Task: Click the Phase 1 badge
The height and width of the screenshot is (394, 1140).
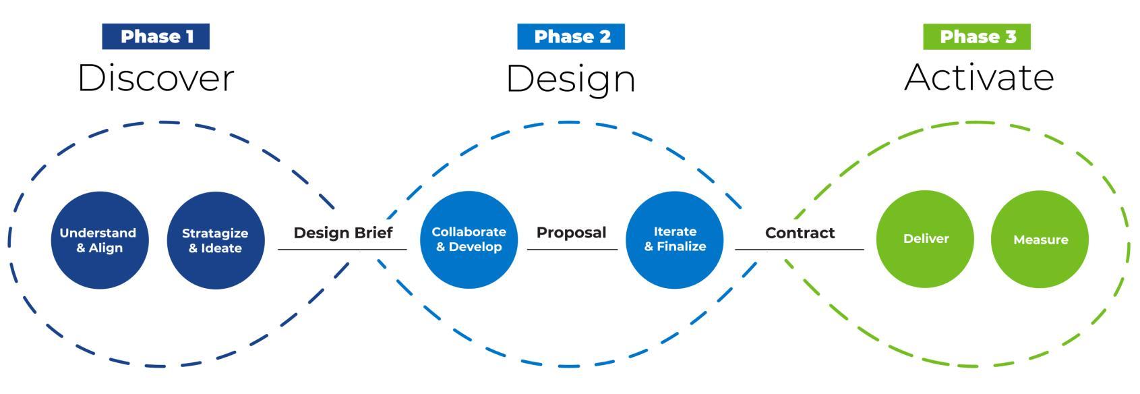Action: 156,36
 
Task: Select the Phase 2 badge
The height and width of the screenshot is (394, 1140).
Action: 571,36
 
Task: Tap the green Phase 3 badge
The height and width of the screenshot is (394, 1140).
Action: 977,36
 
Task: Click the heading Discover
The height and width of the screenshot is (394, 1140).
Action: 156,78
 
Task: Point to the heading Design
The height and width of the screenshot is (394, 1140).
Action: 571,79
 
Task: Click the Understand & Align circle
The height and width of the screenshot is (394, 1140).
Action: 99,240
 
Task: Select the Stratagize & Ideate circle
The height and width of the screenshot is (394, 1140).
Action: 215,240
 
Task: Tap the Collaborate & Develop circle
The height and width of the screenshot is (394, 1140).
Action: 469,240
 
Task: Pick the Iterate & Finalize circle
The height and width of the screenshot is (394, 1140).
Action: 675,240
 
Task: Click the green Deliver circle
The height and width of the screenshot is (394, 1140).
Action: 925,239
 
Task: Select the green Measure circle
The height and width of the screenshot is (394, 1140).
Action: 1040,240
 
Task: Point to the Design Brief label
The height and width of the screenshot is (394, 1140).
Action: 342,233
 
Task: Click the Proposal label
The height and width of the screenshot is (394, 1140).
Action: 571,233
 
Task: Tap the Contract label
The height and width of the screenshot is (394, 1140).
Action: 800,233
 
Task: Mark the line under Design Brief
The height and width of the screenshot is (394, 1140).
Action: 342,250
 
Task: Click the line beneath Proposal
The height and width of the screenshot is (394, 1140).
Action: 572,250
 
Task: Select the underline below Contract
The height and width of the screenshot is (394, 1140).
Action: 800,250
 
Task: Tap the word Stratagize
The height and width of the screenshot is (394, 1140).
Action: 215,233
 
